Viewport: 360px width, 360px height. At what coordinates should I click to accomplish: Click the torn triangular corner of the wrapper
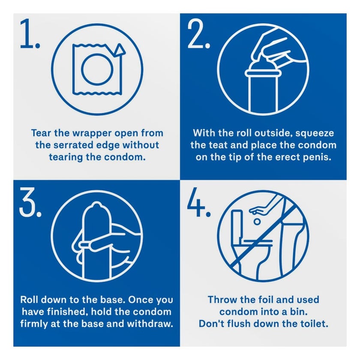(x=119, y=50)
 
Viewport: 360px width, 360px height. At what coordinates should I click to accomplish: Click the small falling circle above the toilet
(x=257, y=222)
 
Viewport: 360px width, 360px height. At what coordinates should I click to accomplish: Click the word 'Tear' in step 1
(x=41, y=133)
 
